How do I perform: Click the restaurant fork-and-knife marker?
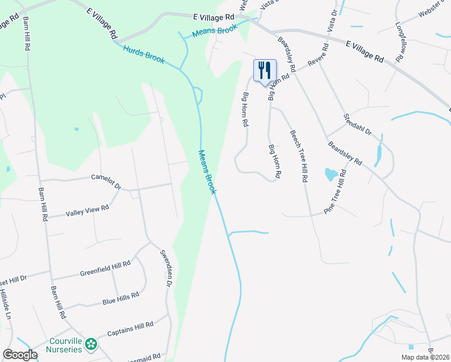(x=263, y=71)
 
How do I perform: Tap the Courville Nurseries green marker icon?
(x=91, y=345)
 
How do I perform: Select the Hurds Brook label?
(x=144, y=54)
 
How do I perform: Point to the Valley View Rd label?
(x=87, y=211)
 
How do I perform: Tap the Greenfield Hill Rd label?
(x=106, y=268)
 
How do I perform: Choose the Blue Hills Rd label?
(x=121, y=297)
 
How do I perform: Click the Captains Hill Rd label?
(x=130, y=329)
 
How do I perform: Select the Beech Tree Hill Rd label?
(x=299, y=157)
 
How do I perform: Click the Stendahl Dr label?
(x=358, y=124)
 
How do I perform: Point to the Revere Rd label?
(x=318, y=54)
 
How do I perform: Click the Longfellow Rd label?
(x=399, y=42)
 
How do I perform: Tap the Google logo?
(x=20, y=355)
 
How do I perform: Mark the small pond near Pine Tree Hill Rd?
(x=331, y=175)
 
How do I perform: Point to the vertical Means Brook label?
(x=207, y=172)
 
